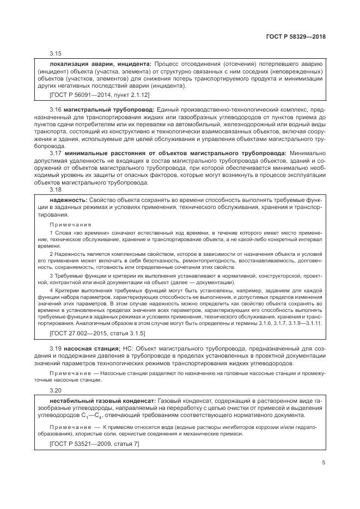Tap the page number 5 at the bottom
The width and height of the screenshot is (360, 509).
pos(324,463)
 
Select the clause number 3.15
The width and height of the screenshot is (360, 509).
pos(56,53)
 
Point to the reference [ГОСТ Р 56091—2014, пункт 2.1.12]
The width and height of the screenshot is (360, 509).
pos(91,95)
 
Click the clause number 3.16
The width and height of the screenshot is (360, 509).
pos(56,109)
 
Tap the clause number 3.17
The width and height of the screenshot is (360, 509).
pos(56,154)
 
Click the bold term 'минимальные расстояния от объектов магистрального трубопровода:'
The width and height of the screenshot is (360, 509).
pos(175,154)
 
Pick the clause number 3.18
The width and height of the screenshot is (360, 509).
pos(56,189)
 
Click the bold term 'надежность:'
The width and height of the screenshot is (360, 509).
pos(68,200)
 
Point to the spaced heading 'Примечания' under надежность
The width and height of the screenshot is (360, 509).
pos(71,224)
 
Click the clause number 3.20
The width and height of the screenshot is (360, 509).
pos(56,390)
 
